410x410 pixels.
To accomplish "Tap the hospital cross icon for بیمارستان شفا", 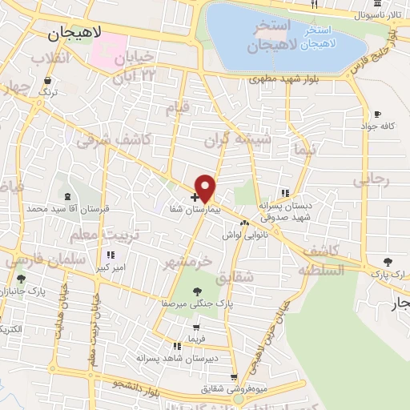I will (x=195, y=196).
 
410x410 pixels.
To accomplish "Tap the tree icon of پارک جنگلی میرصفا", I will (x=197, y=291).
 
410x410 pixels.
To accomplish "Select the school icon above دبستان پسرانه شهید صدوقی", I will (x=284, y=192).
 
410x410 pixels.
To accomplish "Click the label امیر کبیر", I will (x=110, y=267).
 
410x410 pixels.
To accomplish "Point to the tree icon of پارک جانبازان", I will (x=21, y=279).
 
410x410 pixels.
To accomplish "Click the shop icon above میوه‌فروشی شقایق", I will (x=233, y=376).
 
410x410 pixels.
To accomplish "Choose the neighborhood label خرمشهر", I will (x=190, y=261).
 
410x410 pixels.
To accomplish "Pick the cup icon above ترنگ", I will (x=48, y=80).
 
